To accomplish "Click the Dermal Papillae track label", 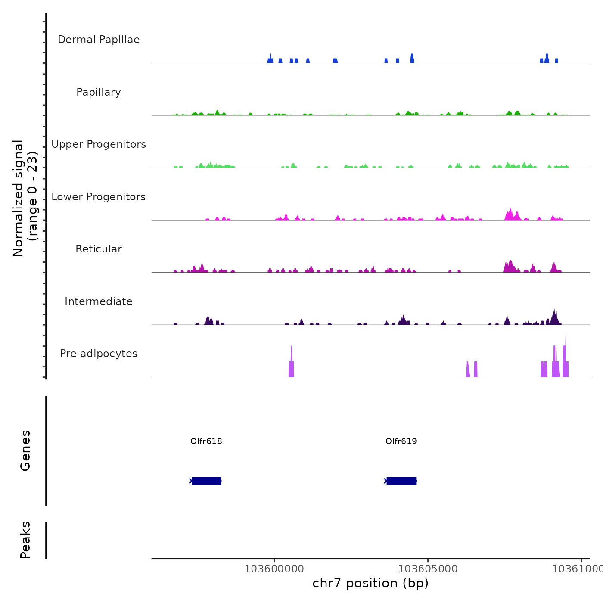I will coord(99,40).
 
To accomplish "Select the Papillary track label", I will coord(99,92).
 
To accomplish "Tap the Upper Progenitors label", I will coord(99,144).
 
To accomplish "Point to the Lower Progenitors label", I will coord(99,197).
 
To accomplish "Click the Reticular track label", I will coord(99,249).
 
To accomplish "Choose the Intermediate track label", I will coord(99,301).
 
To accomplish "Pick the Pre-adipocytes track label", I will coord(99,354).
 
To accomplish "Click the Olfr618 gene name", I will coord(206,441).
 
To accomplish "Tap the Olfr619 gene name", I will coord(401,441).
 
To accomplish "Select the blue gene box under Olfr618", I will coord(206,481).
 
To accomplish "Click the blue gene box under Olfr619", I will coord(401,481).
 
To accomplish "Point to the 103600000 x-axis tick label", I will coord(274,569).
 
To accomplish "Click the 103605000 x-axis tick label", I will coord(428,569).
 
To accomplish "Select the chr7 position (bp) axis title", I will coord(370,583).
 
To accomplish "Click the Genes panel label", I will coord(25,451).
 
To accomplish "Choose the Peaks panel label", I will coord(25,540).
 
